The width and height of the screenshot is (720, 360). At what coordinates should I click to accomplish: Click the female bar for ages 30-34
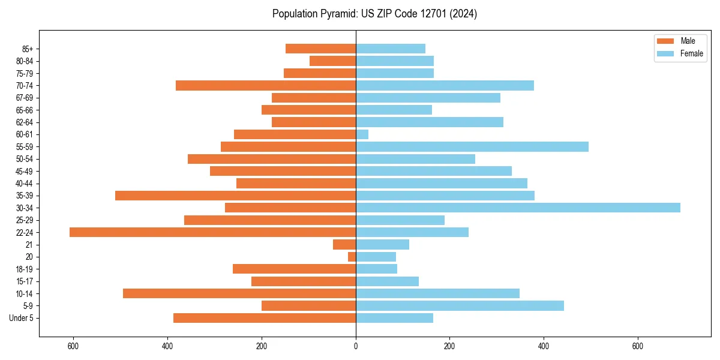[x=518, y=208]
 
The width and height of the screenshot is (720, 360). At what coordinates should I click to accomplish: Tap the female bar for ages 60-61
[x=362, y=134]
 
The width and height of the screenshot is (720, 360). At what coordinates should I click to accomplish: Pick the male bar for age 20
[x=352, y=257]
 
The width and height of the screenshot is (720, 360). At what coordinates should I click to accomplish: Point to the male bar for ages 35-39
[x=235, y=196]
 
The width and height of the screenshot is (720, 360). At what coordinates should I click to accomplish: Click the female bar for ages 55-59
[x=472, y=146]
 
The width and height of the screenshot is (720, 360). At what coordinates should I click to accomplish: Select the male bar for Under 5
[x=265, y=318]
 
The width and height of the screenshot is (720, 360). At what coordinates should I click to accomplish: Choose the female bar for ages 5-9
[x=460, y=305]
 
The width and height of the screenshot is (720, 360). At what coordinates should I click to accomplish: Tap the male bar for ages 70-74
[x=266, y=85]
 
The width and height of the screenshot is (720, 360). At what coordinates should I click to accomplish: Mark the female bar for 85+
[x=391, y=49]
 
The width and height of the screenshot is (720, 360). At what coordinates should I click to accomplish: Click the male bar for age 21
[x=344, y=244]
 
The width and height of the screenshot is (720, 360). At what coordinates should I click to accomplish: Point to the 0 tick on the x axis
[x=356, y=346]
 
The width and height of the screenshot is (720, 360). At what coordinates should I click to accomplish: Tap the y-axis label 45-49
[x=25, y=171]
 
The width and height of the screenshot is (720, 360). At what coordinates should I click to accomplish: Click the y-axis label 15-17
[x=25, y=281]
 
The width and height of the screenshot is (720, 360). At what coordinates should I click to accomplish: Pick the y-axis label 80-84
[x=25, y=61]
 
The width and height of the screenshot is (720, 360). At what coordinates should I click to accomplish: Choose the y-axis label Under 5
[x=22, y=318]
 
